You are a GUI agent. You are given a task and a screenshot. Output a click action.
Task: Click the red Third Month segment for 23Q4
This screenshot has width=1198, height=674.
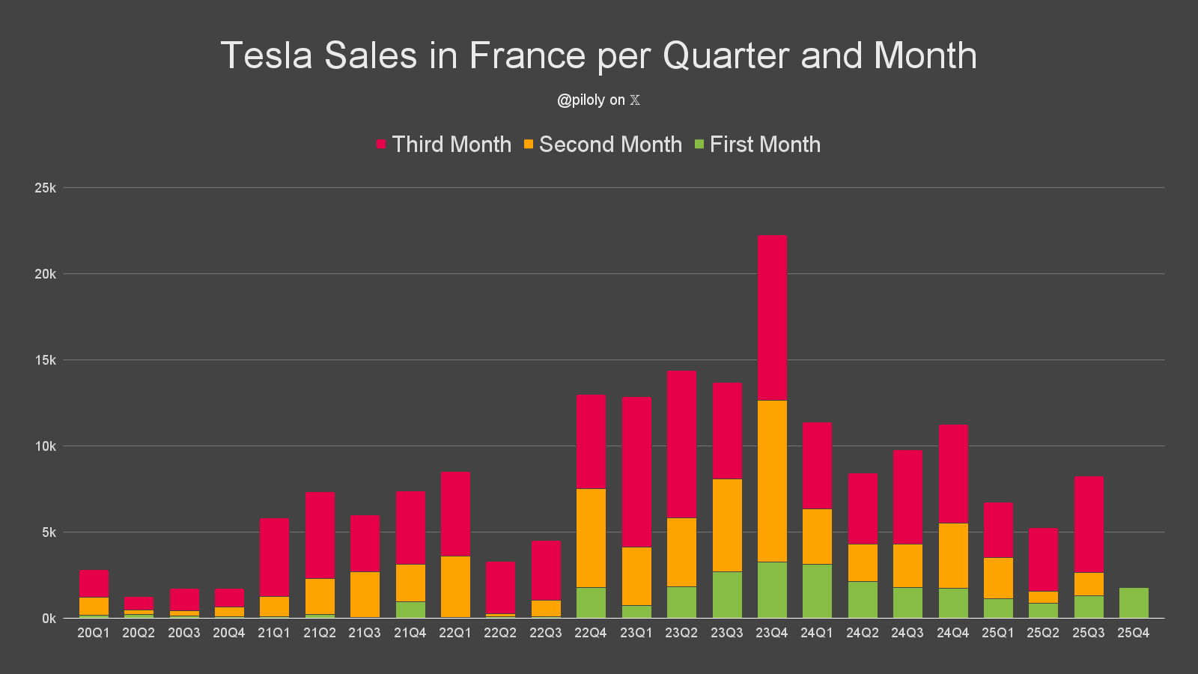tap(772, 318)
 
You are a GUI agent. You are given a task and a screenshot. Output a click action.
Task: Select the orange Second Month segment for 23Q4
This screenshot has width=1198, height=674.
tap(772, 481)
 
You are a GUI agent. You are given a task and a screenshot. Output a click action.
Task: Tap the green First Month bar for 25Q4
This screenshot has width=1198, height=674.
tap(1133, 603)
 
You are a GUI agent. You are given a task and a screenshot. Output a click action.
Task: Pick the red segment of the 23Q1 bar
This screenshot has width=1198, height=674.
tap(636, 472)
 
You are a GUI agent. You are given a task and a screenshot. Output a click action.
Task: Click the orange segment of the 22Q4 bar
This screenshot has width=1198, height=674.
tap(591, 538)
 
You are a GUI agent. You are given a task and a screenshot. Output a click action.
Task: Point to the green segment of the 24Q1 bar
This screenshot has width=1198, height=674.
tap(817, 591)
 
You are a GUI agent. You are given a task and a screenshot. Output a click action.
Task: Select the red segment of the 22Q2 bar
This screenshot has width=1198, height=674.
tap(500, 588)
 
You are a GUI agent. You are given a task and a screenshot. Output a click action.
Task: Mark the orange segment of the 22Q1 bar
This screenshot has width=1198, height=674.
tap(455, 586)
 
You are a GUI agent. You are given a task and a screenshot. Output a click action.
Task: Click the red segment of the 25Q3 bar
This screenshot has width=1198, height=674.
tap(1088, 524)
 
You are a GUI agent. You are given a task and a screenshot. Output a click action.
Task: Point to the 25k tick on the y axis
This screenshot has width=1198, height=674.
tap(45, 188)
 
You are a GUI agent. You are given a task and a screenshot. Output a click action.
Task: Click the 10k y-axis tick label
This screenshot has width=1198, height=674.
tap(45, 446)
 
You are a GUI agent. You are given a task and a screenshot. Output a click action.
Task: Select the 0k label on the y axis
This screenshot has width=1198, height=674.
tap(49, 619)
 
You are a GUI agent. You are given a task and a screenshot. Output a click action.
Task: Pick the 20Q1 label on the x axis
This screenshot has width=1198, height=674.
tap(94, 633)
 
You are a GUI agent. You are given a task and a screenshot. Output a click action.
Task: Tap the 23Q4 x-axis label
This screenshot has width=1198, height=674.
tap(772, 633)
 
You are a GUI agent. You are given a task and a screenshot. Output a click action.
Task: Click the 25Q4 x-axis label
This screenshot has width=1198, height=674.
tap(1133, 633)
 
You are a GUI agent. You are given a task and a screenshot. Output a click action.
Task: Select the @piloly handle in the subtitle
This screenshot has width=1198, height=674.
tap(580, 100)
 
